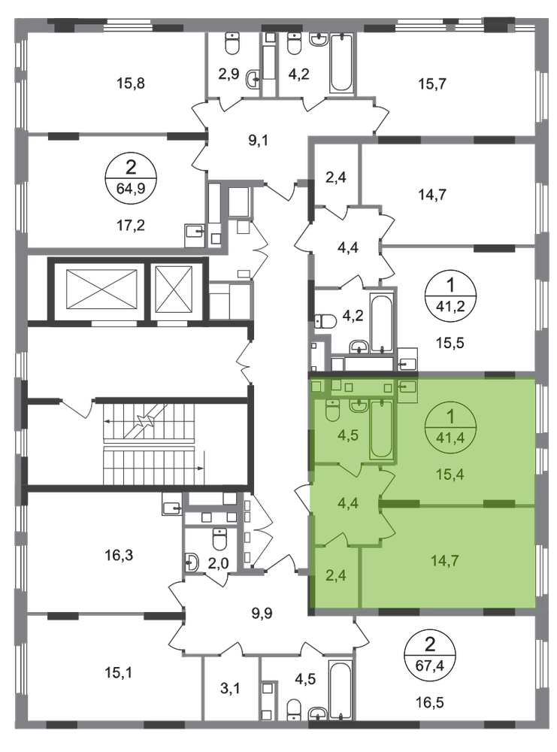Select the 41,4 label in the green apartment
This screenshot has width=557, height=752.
click(x=450, y=437)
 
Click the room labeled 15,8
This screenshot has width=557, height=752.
click(x=130, y=83)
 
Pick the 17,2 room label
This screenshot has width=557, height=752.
click(x=130, y=224)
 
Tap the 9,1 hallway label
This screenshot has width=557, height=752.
click(x=258, y=141)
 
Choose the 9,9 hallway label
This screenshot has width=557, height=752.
click(x=262, y=612)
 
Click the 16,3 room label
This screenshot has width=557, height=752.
click(x=119, y=556)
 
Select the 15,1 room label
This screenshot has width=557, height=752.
click(x=119, y=673)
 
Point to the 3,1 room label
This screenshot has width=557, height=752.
click(x=231, y=689)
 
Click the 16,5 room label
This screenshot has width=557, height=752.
click(x=429, y=703)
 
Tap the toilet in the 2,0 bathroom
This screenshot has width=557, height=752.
click(x=219, y=539)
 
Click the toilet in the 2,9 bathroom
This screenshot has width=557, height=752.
click(x=232, y=44)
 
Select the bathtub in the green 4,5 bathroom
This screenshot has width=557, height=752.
click(x=381, y=429)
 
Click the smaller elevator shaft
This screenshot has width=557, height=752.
click(x=174, y=290)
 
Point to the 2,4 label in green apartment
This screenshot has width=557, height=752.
click(x=335, y=575)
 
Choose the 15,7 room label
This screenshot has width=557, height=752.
click(x=432, y=84)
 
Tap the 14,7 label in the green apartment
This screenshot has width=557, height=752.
click(x=445, y=560)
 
